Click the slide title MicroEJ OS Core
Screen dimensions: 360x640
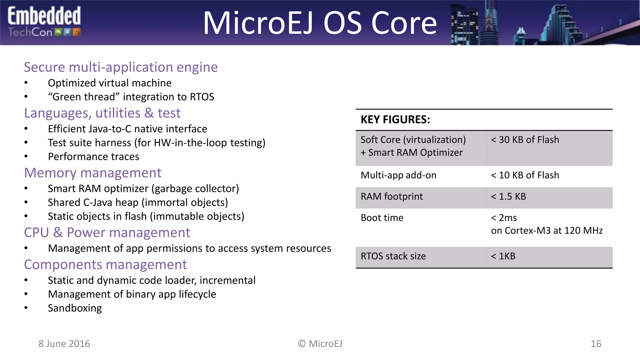320,23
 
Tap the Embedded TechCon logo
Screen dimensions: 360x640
44,22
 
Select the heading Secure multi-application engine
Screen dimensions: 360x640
121,67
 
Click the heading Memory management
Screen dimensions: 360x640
93,173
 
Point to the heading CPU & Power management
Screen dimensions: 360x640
107,232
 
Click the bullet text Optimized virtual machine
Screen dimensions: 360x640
109,83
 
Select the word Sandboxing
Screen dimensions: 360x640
75,308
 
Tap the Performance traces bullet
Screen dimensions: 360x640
93,157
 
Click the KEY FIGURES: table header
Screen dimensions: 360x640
395,120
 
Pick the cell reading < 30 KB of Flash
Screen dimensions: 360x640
525,140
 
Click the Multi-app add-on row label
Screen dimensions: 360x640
398,175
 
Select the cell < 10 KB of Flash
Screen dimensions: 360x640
525,175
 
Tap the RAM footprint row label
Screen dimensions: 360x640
392,197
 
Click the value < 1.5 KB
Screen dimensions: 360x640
508,197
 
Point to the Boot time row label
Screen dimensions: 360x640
382,218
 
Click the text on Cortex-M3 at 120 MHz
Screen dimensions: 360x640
547,231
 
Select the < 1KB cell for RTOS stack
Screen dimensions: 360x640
503,256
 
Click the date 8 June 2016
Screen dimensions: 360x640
64,344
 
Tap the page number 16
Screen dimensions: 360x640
596,344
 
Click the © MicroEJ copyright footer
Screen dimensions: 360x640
320,344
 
